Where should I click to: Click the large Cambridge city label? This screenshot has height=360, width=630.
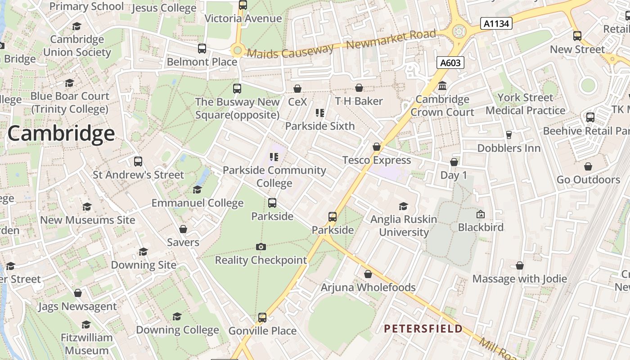pos(61,134)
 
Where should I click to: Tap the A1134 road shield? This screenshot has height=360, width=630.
pos(496,23)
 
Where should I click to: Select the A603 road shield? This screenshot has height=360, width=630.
pos(450,63)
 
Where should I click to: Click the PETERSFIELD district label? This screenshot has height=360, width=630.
pos(423,328)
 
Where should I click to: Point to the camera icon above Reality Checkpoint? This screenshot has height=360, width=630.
pos(261,247)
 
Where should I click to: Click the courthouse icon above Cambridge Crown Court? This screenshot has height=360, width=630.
pos(442,86)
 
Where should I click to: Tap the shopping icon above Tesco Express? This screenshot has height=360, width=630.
pos(377,147)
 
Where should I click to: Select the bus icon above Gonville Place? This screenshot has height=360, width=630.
pos(262,318)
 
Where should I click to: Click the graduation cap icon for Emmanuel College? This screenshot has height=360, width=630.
pos(197,189)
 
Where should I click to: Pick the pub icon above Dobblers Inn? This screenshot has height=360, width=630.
pos(509,135)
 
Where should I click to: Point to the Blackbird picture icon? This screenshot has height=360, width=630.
pos(480,214)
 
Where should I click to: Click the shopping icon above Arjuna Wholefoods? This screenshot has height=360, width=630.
pos(368,274)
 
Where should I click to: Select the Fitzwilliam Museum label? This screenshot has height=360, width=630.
pos(86,344)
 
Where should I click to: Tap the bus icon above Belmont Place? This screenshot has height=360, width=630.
pos(202,48)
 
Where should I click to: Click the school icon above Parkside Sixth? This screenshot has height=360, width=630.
pos(320,112)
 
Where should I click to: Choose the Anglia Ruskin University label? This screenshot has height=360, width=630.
pos(404,226)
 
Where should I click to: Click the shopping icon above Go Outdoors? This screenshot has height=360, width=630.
pos(588,166)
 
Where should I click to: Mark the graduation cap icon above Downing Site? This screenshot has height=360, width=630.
pos(143,252)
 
